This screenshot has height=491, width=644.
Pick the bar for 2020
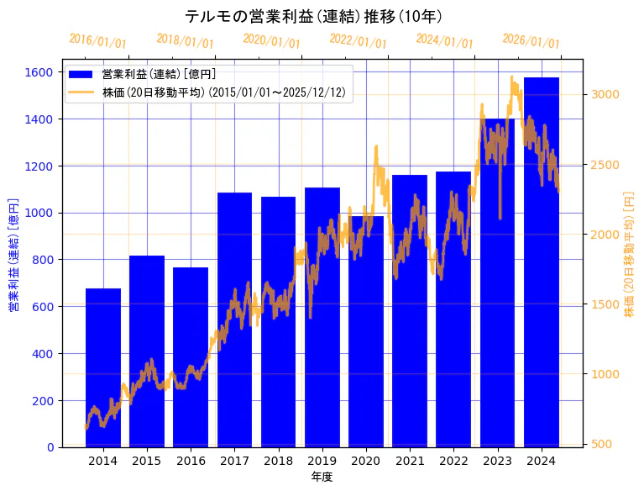click(x=366, y=331)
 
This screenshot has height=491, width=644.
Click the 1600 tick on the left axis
click(x=39, y=72)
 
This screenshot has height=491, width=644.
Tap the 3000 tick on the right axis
click(x=606, y=94)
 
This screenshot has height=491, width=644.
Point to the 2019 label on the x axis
click(x=322, y=460)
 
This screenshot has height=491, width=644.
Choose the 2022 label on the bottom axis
click(x=453, y=460)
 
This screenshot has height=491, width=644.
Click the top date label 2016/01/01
click(x=98, y=41)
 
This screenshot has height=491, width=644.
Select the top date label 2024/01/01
click(x=445, y=41)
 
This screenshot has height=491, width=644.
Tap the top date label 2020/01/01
click(x=271, y=41)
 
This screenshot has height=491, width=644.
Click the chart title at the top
click(x=314, y=16)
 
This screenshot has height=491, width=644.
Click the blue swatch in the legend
click(x=82, y=76)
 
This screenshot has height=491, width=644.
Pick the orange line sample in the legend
click(x=82, y=92)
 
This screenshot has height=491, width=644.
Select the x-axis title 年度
click(x=322, y=477)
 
